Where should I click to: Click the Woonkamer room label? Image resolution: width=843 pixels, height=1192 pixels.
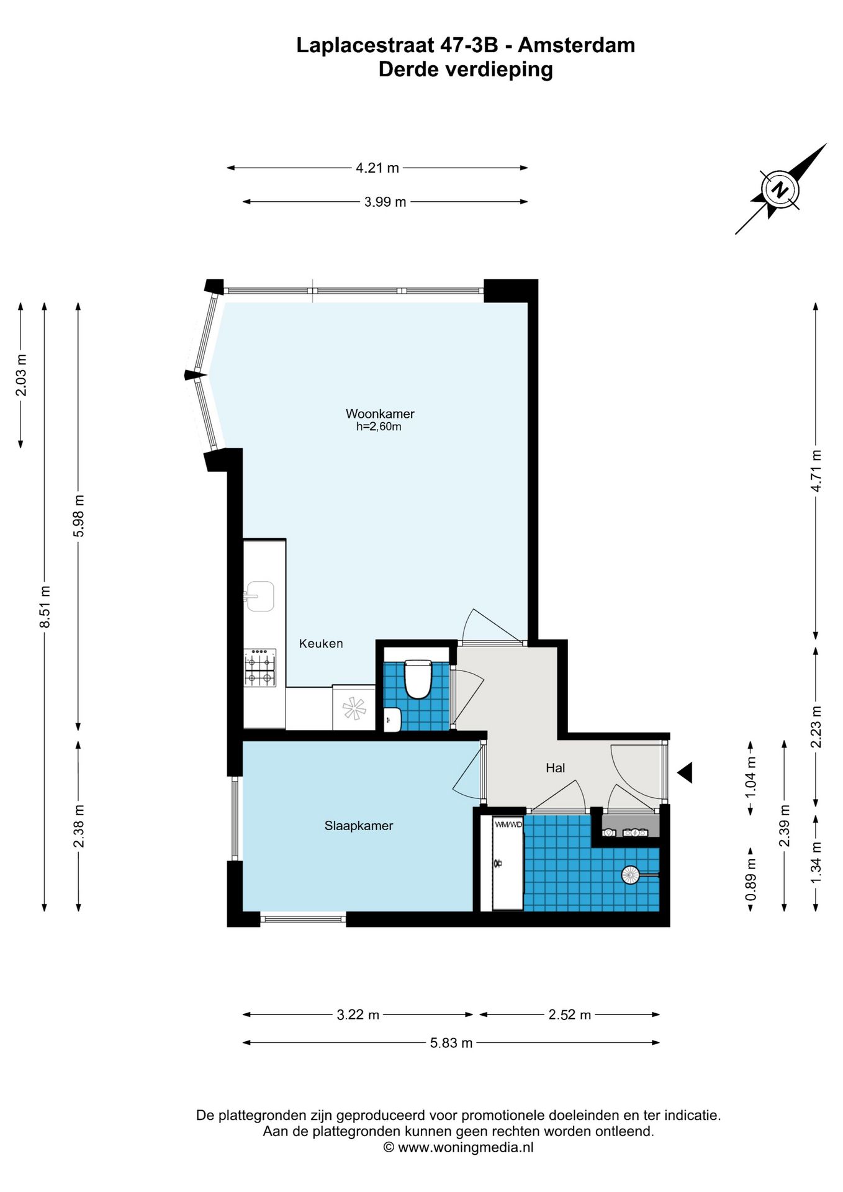(x=380, y=413)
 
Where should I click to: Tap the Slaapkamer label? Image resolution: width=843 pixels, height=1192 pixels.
(x=359, y=826)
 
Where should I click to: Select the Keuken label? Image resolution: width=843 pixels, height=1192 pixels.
(x=321, y=644)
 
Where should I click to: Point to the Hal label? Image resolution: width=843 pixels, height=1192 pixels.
(x=555, y=768)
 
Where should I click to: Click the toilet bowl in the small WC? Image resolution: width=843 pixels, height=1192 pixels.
(x=418, y=680)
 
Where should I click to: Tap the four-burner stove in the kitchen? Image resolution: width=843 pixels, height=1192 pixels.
(x=260, y=668)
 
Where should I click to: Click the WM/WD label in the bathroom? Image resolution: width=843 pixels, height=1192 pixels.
(x=508, y=824)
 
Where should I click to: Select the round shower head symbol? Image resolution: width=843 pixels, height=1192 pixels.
(x=631, y=875)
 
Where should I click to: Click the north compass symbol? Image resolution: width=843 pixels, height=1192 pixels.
(x=780, y=189)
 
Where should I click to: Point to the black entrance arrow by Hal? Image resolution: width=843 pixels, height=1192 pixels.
(x=685, y=773)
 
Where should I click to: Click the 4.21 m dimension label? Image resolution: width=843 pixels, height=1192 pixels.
(x=377, y=168)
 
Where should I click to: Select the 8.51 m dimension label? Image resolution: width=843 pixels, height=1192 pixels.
(x=45, y=607)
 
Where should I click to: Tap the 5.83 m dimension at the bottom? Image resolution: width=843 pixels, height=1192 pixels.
(x=451, y=1043)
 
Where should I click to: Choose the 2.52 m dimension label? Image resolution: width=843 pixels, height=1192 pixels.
(x=569, y=1015)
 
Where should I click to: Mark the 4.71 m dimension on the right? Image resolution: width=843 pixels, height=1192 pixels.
(x=816, y=471)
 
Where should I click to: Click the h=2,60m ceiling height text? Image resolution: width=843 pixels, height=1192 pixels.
(x=379, y=427)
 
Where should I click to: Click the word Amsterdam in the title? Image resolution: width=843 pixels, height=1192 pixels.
(x=576, y=45)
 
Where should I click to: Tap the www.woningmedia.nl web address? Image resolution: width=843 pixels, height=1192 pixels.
(x=466, y=1147)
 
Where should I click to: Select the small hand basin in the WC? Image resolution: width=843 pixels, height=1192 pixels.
(x=392, y=720)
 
